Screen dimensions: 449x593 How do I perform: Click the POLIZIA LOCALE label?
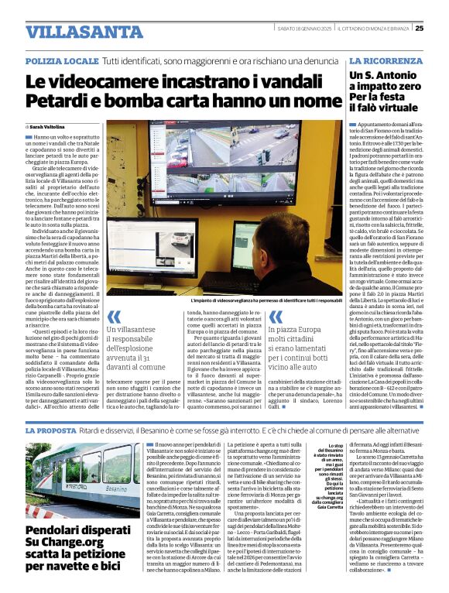61,60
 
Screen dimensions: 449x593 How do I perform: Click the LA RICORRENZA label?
385,60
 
